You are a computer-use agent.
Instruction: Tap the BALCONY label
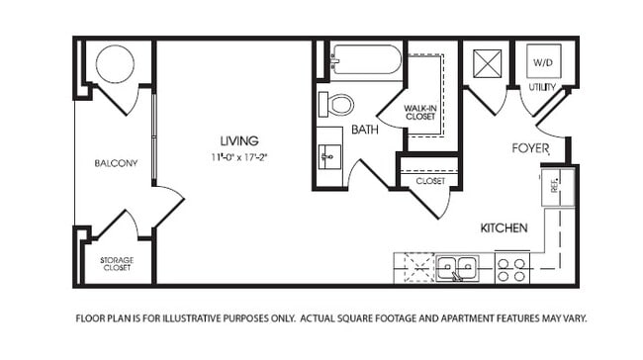click(x=115, y=163)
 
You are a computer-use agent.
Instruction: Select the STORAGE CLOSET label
click(x=118, y=263)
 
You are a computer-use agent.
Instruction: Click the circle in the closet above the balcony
click(x=116, y=66)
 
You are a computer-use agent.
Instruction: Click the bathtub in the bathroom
click(x=365, y=60)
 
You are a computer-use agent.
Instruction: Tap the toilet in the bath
click(x=340, y=104)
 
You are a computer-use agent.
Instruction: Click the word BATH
click(x=365, y=130)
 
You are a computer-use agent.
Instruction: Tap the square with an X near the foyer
click(x=486, y=62)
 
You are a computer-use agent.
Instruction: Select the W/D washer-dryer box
click(x=543, y=62)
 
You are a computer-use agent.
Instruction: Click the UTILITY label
click(x=543, y=88)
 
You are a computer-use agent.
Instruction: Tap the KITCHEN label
click(x=504, y=227)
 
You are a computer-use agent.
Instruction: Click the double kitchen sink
click(x=458, y=267)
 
